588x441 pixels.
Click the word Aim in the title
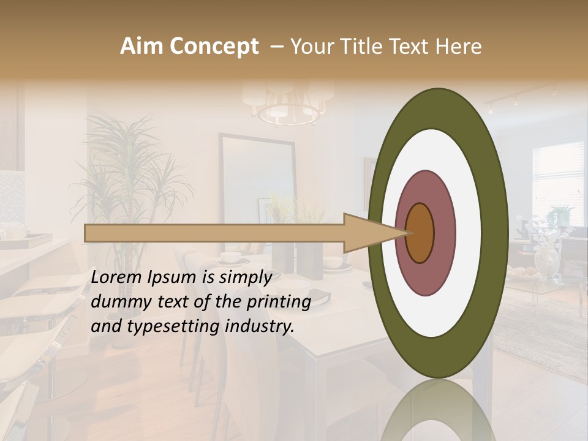[x=142, y=47]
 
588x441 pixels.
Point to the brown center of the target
[x=420, y=233]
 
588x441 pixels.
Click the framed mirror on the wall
[x=257, y=184]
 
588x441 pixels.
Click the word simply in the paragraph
[x=245, y=277]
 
